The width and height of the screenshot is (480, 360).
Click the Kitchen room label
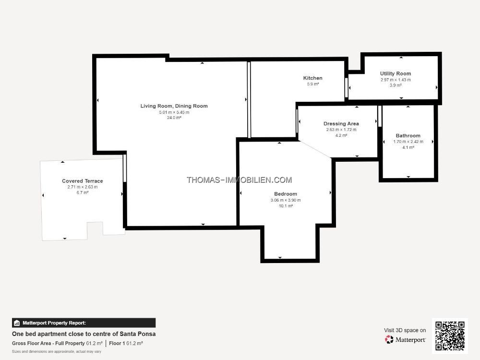(312, 78)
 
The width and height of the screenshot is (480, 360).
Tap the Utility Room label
(396, 73)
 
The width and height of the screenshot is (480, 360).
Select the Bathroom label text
(408, 136)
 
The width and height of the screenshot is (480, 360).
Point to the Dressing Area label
(341, 124)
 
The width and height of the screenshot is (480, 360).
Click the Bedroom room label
(286, 194)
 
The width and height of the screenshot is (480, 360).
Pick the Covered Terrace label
(83, 181)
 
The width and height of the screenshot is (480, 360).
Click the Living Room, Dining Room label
(174, 106)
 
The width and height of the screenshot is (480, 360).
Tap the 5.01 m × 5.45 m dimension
(174, 112)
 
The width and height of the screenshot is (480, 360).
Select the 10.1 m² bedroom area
(286, 206)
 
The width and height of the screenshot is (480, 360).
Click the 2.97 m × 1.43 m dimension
(396, 80)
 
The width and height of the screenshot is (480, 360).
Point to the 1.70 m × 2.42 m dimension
(408, 142)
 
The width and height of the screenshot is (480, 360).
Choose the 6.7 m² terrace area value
(83, 192)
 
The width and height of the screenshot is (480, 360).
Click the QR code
(450, 336)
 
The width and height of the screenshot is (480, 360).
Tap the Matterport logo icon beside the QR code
(389, 339)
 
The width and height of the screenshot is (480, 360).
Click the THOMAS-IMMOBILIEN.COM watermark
(240, 180)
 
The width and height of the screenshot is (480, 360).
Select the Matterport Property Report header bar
(84, 323)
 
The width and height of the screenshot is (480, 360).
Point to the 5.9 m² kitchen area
(312, 84)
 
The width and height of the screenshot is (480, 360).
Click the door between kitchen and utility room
(346, 88)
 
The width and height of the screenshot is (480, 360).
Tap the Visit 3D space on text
(405, 330)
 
